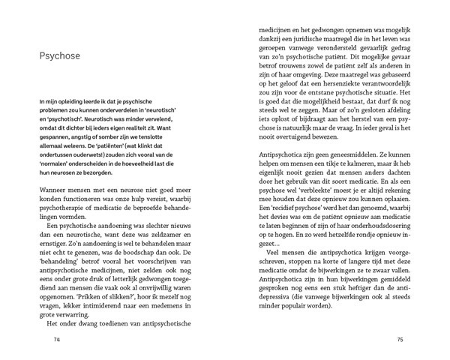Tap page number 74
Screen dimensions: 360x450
point(56,340)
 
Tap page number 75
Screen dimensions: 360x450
point(401,340)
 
